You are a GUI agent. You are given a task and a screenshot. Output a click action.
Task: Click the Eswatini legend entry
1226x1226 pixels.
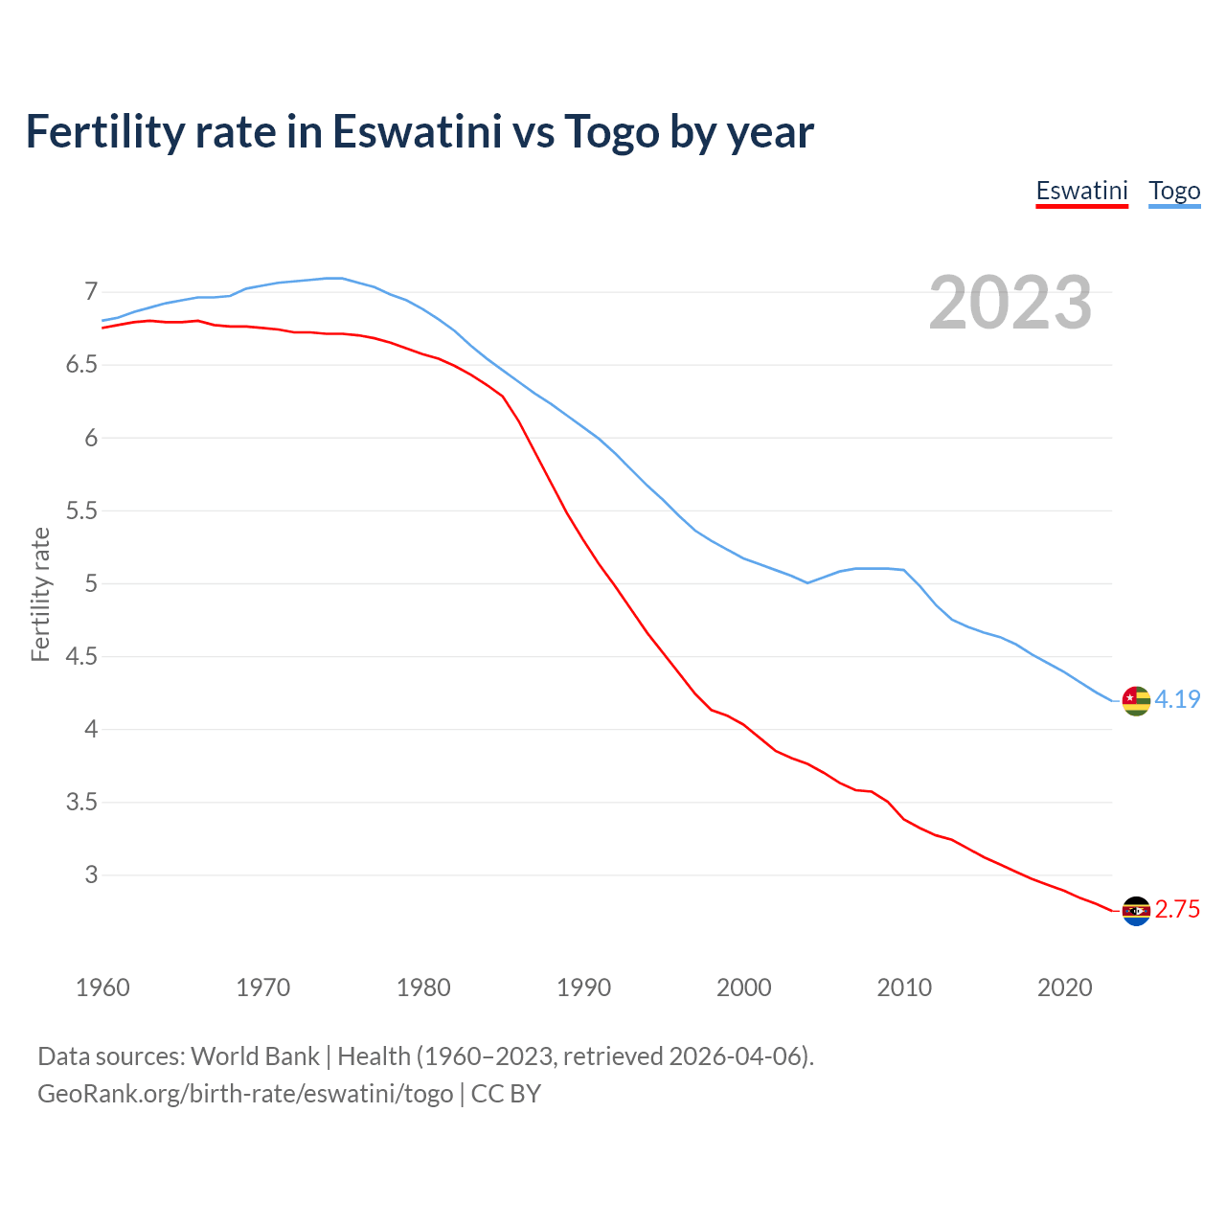click(x=1081, y=191)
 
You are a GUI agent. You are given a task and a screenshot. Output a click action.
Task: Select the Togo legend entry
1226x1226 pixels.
click(x=1174, y=191)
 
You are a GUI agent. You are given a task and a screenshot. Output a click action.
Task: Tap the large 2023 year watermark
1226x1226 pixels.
click(x=1010, y=303)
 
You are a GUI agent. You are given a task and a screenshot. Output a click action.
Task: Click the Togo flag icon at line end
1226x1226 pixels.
click(x=1135, y=700)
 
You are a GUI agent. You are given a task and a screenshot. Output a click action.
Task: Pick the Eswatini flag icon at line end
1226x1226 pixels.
click(x=1135, y=910)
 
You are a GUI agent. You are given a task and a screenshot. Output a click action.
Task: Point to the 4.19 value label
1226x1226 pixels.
click(x=1177, y=700)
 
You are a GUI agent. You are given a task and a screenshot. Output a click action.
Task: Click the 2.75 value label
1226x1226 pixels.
click(x=1177, y=910)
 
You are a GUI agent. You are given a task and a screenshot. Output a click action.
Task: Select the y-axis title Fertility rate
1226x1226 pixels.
click(x=40, y=594)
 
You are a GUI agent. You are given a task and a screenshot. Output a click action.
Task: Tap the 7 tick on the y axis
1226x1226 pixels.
click(x=91, y=291)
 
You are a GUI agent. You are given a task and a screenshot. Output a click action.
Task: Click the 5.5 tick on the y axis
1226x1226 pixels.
click(x=81, y=511)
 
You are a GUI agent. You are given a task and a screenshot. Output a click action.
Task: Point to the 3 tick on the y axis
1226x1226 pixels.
click(x=91, y=874)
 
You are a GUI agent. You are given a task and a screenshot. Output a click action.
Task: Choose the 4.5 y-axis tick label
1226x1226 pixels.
click(x=81, y=656)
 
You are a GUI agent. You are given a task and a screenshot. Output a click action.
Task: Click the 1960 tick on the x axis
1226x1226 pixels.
click(x=102, y=988)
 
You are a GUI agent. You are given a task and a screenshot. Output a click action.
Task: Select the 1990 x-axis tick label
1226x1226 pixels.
click(x=583, y=988)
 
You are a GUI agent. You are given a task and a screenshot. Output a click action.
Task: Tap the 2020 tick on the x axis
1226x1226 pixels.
click(x=1064, y=988)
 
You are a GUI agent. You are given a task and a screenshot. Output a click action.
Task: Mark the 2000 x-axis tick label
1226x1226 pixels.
click(x=743, y=988)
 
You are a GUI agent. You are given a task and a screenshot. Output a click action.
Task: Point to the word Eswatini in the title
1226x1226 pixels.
click(x=417, y=132)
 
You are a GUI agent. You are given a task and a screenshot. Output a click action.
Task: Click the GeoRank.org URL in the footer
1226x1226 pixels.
click(x=245, y=1093)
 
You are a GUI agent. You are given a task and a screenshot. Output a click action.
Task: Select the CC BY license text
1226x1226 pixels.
click(x=506, y=1093)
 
